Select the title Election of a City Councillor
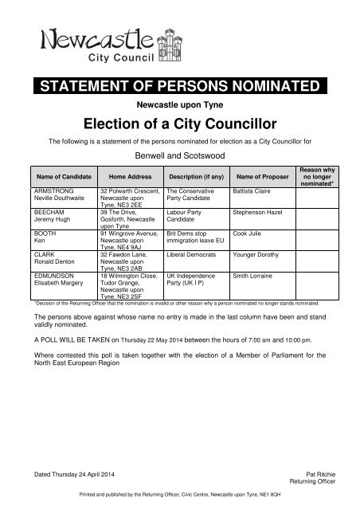(180, 124)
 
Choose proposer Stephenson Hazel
(257, 213)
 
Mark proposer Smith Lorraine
(252, 274)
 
